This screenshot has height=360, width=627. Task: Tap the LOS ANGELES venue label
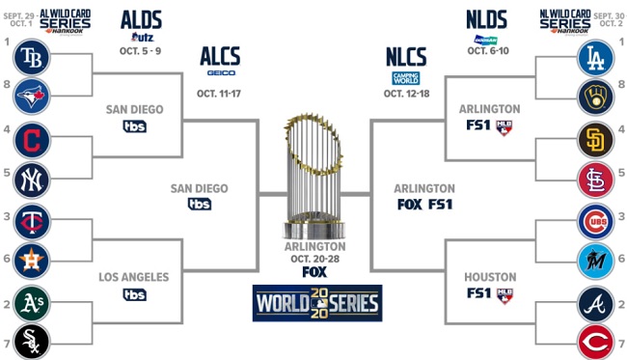pos(134,277)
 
